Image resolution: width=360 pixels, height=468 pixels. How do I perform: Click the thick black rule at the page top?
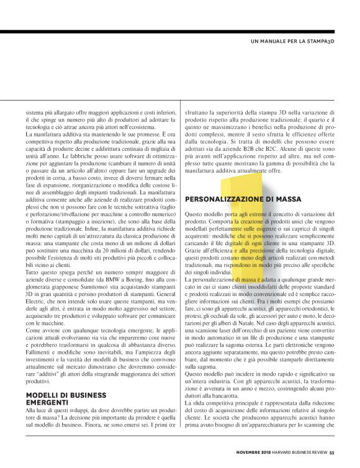[180, 31]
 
